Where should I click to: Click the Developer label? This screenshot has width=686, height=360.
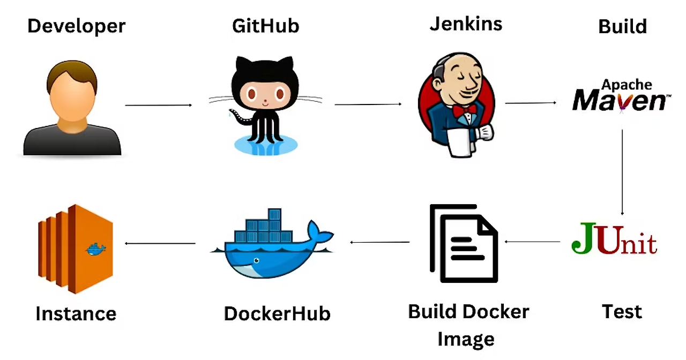(x=76, y=26)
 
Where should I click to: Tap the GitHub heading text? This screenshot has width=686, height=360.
(x=265, y=25)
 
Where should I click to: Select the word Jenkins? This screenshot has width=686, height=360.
(x=466, y=24)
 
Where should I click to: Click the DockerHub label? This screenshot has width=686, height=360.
(x=277, y=313)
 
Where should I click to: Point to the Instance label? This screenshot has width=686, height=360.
(x=76, y=313)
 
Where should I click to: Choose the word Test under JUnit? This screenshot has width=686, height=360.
(x=622, y=311)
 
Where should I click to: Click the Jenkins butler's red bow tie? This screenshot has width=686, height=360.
(x=464, y=110)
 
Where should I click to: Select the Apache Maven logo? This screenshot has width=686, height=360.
(x=621, y=96)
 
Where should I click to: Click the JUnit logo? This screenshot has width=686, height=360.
(x=614, y=241)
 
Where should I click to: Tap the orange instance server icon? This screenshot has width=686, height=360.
(x=75, y=249)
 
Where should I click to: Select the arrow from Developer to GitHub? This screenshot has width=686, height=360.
(x=158, y=105)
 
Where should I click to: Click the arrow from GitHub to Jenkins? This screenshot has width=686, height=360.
(x=368, y=104)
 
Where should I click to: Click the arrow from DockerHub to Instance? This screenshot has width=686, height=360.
(x=160, y=243)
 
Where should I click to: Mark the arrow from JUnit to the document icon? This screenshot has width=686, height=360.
(x=531, y=242)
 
